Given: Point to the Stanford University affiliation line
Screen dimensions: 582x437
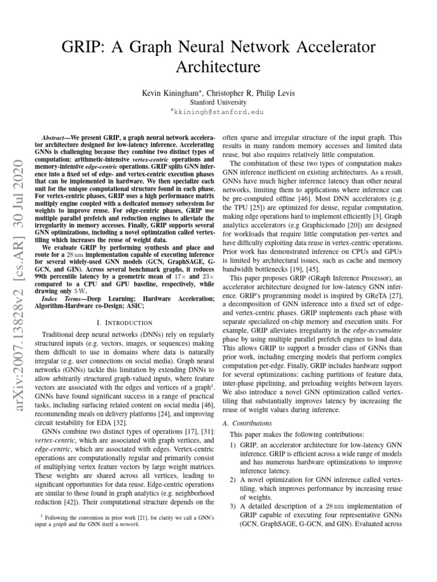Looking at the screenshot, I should tap(218, 102).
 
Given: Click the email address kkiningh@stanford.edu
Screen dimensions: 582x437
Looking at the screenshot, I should tap(222, 112).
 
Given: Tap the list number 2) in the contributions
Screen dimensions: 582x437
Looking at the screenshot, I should tap(233, 480).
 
